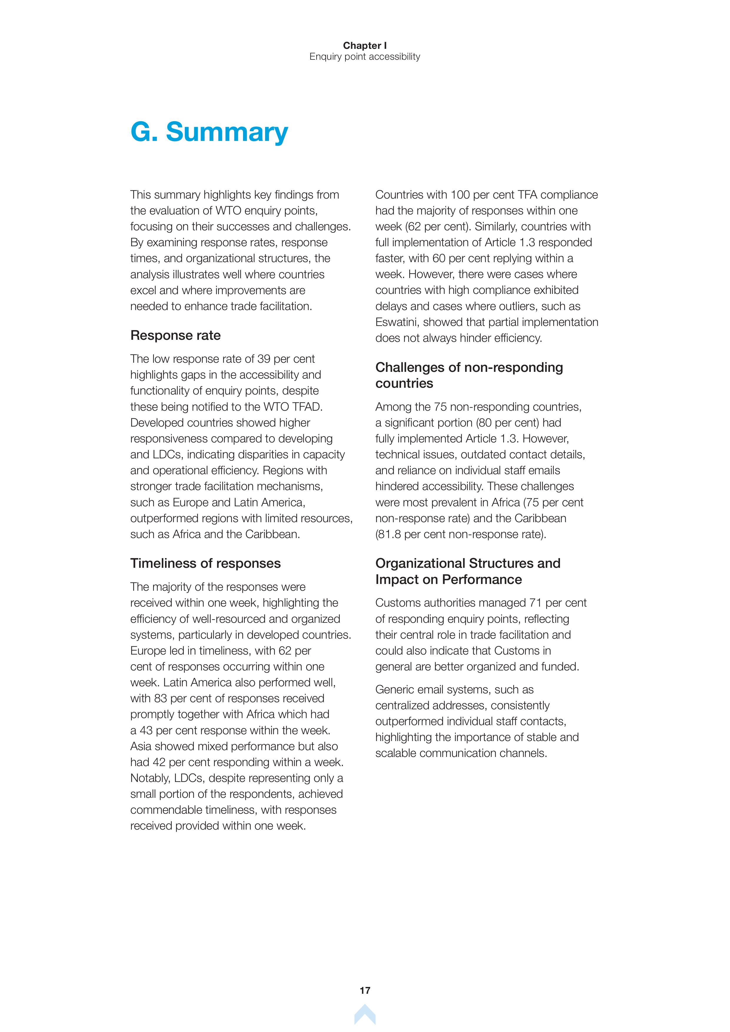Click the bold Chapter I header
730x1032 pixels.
(365, 45)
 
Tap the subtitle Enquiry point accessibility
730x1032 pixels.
(365, 57)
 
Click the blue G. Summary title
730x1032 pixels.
(209, 132)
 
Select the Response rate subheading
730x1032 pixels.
(175, 335)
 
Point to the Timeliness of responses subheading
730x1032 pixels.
(205, 563)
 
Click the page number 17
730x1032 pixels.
(365, 1003)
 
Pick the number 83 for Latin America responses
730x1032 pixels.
(160, 698)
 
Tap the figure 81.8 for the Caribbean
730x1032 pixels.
(391, 535)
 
